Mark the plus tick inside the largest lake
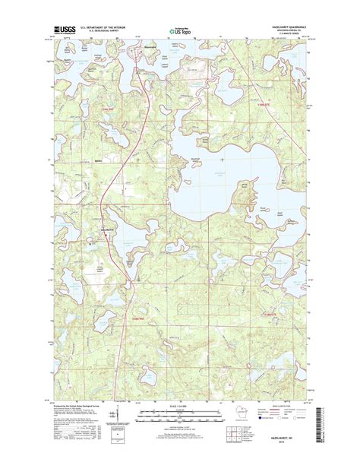pyautogui.click(x=221, y=160)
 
